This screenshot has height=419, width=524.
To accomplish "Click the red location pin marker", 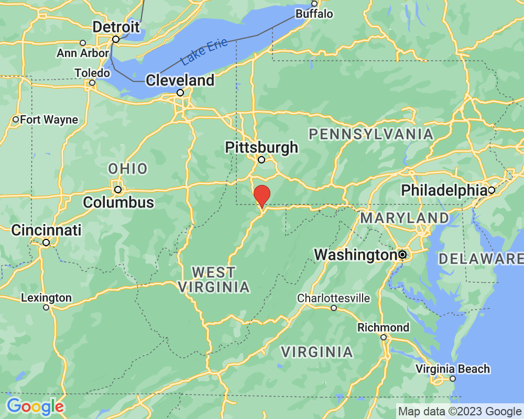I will pos(261,195).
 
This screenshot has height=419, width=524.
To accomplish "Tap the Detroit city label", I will pos(116,27).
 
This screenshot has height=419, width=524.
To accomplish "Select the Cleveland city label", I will pos(180,80).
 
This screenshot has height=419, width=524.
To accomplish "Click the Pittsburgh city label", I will pos(261,148).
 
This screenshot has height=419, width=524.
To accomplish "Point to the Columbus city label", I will pos(118,202).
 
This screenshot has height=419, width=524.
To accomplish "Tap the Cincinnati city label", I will pos(47,230).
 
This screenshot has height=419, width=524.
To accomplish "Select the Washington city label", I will pos(355,255).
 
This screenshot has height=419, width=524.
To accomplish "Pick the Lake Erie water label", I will pos(204,52).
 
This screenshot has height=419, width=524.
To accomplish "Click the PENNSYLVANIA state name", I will pos(371,134).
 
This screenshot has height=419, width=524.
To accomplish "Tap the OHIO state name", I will pos(128,169).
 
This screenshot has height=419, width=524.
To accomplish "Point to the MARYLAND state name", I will pos(404,218).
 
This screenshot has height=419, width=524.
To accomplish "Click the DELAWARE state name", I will pos(481,258).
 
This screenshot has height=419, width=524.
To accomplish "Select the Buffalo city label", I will pos(314,14).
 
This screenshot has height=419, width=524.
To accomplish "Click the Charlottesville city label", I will pos(333,298).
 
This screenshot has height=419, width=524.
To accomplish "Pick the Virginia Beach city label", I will pos(453,369).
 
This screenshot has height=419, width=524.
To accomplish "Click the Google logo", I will pos(35,406).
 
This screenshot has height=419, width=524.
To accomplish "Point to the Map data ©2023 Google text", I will pos(460,411).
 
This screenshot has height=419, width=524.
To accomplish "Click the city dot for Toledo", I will pos(92,83).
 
